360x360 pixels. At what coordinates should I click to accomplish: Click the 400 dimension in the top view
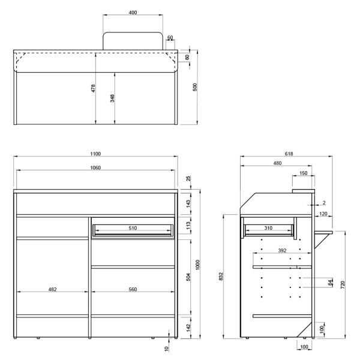133,12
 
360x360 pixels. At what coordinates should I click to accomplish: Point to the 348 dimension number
113,98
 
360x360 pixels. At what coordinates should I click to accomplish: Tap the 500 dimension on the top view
194,88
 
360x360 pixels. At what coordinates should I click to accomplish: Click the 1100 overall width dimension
96,154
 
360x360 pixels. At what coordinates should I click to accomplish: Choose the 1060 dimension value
96,167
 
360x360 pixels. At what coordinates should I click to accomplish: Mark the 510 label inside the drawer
133,228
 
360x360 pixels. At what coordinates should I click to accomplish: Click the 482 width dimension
52,290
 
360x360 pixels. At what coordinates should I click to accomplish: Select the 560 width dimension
133,290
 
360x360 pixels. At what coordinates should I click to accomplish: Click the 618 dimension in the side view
289,154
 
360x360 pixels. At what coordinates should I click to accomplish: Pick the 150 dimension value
304,173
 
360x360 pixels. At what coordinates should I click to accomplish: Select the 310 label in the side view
268,228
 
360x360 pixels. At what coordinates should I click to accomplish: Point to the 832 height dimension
221,276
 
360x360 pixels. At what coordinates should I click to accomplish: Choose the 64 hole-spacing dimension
330,283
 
